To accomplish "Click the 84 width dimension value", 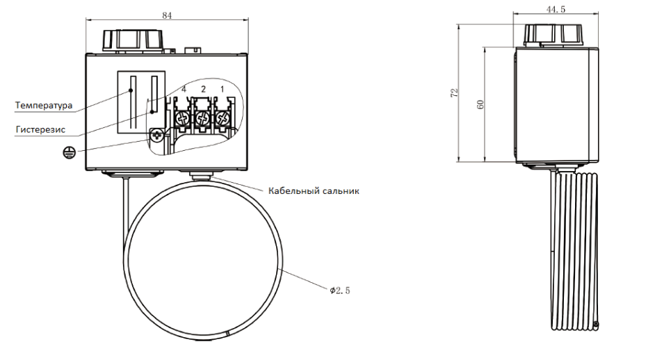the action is [x=167, y=15].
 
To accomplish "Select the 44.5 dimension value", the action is [x=556, y=9].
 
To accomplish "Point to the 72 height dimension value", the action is [x=454, y=92].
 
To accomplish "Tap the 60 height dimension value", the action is [x=480, y=104].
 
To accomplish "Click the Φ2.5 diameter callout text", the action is [x=339, y=291].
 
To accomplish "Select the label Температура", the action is [x=44, y=105].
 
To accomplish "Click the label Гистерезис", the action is [x=40, y=129].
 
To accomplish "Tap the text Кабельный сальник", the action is [x=314, y=191].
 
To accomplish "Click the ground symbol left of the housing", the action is [x=70, y=152].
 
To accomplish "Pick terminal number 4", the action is [x=184, y=89].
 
